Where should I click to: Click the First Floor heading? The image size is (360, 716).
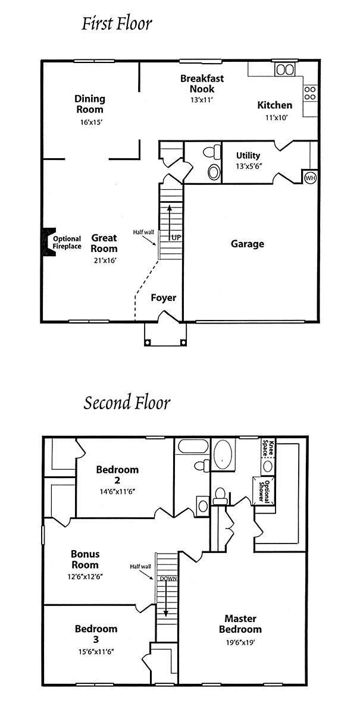pos(117,24)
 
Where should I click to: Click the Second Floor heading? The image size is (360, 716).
pos(127,403)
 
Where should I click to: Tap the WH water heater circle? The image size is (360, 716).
pos(310,178)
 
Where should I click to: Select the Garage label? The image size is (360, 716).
pos(248,244)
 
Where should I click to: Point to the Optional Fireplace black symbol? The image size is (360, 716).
pos(49,242)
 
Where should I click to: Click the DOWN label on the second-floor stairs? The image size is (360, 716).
pos(168,578)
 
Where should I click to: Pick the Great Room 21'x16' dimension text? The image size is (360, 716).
pos(105,260)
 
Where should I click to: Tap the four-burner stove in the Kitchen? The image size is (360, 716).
pos(309,93)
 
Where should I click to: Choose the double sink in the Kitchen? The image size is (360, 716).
pos(285,70)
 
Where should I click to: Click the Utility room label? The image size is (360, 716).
pos(248,155)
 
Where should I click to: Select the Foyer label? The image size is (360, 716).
pos(164,298)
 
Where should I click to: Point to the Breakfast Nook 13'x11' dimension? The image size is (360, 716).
pos(202,100)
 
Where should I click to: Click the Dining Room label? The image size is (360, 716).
pos(90,104)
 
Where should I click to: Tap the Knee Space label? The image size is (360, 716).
pos(268,447)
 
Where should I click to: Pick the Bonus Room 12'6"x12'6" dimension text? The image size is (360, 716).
pos(85,577)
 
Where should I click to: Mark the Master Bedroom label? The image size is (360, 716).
pos(240,624)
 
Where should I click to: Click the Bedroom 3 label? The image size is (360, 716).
pos(96,634)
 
